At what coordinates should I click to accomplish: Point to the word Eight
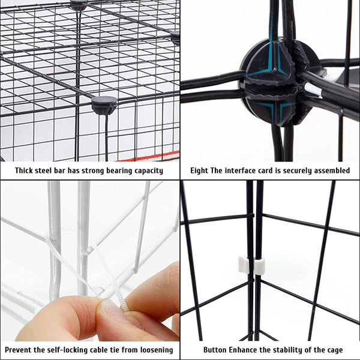pos(199,171)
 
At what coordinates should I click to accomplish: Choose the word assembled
pos(329,171)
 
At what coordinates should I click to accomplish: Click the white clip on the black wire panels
pos(252,265)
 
